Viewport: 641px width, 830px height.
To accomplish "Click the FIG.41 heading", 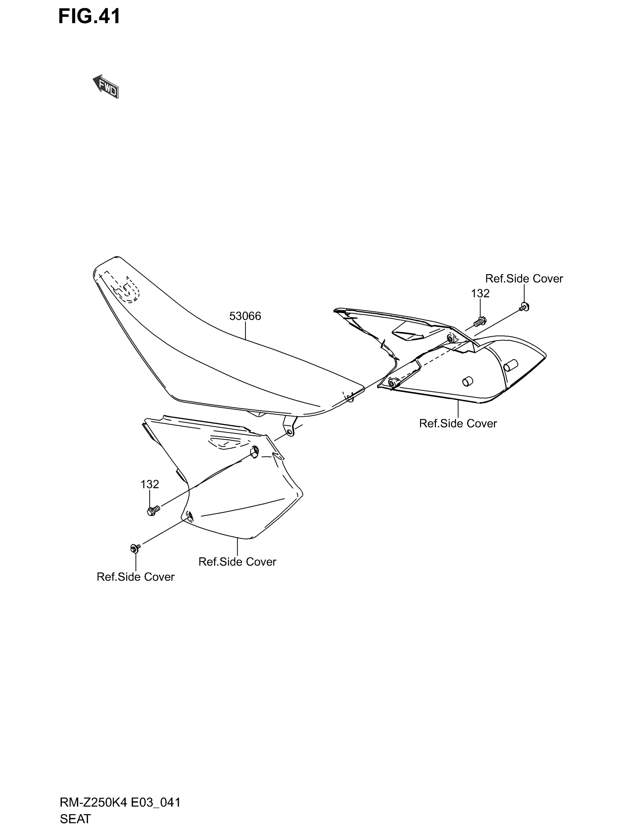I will [x=89, y=16].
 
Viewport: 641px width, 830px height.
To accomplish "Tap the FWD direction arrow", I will [x=106, y=87].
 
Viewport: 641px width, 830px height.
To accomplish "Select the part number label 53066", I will [x=245, y=316].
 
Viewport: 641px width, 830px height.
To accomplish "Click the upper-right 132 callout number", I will [x=480, y=293].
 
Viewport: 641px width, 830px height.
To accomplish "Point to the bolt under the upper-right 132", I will [x=480, y=322].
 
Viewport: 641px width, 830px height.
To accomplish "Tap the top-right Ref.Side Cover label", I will [x=524, y=278].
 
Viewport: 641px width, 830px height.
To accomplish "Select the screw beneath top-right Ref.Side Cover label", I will [x=524, y=306].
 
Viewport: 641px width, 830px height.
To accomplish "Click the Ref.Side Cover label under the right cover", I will [x=458, y=423].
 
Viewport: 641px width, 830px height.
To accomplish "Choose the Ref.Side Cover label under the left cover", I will [x=237, y=562].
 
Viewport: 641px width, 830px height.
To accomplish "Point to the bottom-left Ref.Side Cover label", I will [x=136, y=577].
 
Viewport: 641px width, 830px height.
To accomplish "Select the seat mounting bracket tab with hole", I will [x=290, y=427].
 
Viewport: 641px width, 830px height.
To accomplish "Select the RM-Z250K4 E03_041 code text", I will [x=120, y=802].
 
